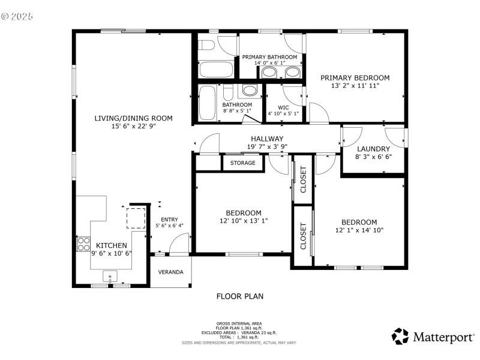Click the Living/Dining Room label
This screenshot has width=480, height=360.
(x=133, y=118)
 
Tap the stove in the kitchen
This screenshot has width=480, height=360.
(x=83, y=244)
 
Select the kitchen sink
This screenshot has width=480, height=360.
(x=110, y=277)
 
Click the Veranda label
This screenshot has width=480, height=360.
(x=170, y=272)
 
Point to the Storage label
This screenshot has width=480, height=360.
(x=243, y=163)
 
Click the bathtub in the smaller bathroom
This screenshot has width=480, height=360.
(x=209, y=104)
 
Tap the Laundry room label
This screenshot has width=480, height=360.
(x=373, y=149)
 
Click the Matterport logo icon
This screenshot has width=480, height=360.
(x=400, y=336)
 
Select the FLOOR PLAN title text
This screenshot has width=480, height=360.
(x=239, y=296)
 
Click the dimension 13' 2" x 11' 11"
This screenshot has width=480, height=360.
(x=355, y=86)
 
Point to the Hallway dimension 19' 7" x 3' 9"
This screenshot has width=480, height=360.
(x=267, y=147)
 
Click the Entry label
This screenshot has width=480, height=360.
(x=169, y=220)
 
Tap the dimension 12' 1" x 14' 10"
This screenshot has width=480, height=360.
(x=359, y=230)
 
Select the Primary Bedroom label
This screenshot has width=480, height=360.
(x=355, y=77)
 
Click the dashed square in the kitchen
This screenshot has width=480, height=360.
(x=136, y=218)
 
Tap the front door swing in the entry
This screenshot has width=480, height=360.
(x=178, y=245)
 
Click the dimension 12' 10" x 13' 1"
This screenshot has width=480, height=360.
(x=243, y=221)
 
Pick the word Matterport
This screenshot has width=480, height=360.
(x=443, y=337)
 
